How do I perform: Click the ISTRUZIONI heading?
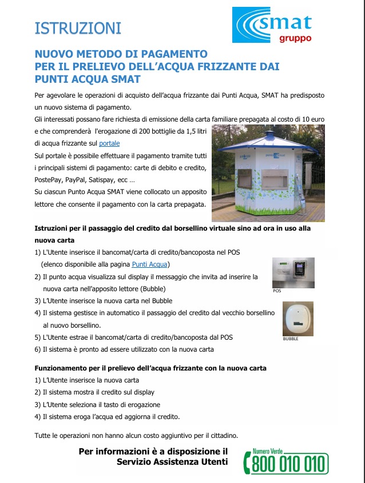(78, 27)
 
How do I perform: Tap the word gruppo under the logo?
(295, 39)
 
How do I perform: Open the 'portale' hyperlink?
(109, 143)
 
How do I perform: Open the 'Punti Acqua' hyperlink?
(150, 264)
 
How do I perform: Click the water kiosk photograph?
(268, 174)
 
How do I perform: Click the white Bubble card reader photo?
(298, 318)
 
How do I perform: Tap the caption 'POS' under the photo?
(277, 291)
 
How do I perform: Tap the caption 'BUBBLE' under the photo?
(291, 339)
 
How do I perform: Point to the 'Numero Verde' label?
(269, 450)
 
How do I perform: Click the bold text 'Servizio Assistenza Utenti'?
(172, 461)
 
